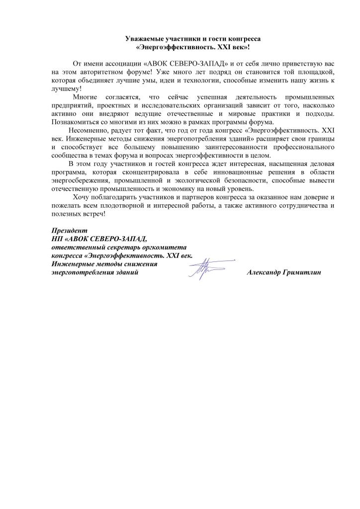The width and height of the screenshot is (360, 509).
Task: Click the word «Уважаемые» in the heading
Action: point(143,38)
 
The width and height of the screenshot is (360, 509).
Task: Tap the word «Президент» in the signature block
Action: point(69,231)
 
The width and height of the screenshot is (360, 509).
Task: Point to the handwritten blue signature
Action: point(204,268)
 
